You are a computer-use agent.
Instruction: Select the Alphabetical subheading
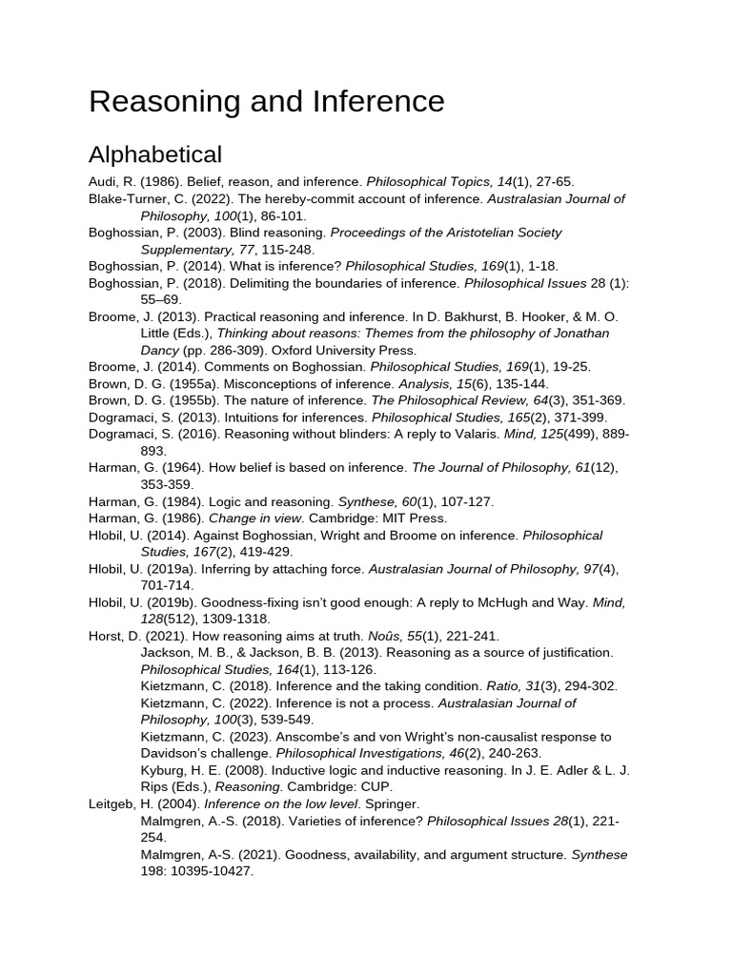(155, 154)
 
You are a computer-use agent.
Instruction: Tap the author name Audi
(104, 181)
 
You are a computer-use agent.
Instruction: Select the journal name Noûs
(356, 636)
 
